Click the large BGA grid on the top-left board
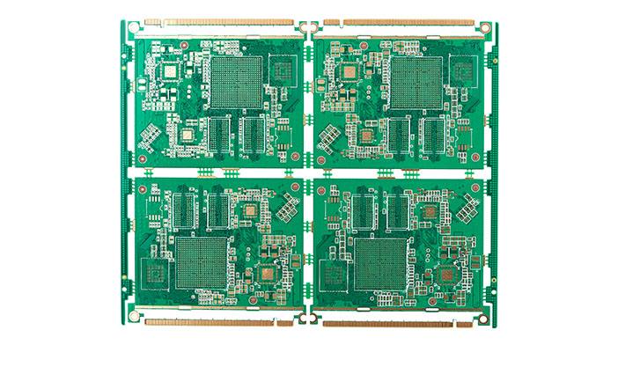[x=237, y=82]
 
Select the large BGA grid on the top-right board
[x=416, y=82]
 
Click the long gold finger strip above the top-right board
[x=408, y=22]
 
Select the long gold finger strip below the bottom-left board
[x=209, y=323]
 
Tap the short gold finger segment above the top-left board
[x=152, y=22]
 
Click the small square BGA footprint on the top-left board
[x=187, y=133]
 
